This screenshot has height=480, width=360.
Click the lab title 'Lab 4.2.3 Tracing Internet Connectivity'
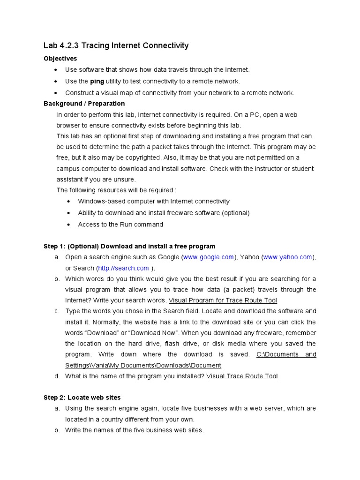[116, 45]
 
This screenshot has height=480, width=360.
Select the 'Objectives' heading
[60, 59]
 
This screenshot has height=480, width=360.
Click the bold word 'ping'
[97, 81]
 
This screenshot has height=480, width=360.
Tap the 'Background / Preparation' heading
[84, 103]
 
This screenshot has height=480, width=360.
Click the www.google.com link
[209, 257]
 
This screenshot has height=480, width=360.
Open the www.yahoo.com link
[288, 257]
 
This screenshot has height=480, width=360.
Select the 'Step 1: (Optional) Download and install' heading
[129, 246]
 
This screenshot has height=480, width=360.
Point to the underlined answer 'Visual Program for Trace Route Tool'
[223, 300]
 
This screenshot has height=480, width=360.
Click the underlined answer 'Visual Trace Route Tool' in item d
[242, 376]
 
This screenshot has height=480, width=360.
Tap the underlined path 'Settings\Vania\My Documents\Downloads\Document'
[143, 365]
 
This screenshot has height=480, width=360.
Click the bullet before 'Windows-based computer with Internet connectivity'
[68, 202]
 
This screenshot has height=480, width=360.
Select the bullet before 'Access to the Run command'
[68, 225]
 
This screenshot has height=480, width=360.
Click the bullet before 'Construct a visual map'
[56, 93]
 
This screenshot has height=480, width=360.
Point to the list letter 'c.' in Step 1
[57, 311]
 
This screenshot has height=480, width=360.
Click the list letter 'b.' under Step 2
[57, 430]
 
